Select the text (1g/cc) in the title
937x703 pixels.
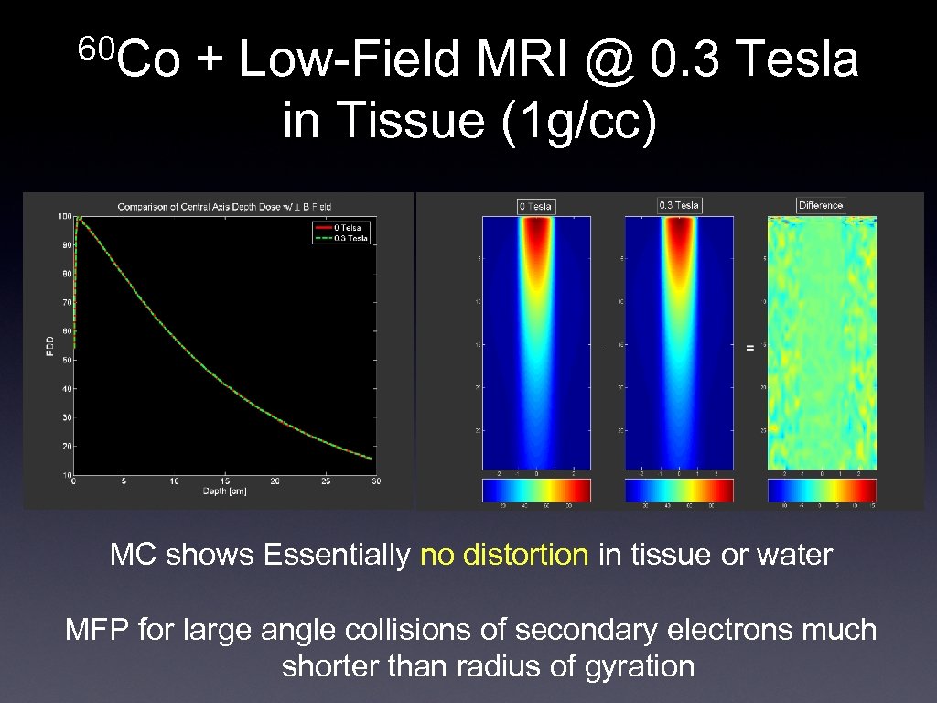(x=578, y=122)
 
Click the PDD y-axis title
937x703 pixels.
(x=49, y=345)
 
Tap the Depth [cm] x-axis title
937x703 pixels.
(x=224, y=491)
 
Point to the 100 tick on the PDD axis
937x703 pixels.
(x=65, y=216)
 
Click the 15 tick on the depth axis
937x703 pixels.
(x=224, y=481)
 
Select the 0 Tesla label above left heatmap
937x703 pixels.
(x=536, y=206)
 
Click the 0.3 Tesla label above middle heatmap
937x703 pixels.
(x=679, y=205)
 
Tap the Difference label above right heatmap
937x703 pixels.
(x=821, y=205)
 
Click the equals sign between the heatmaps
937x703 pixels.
(x=750, y=348)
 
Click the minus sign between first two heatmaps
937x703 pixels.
(x=605, y=349)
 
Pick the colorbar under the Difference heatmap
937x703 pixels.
(x=822, y=490)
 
